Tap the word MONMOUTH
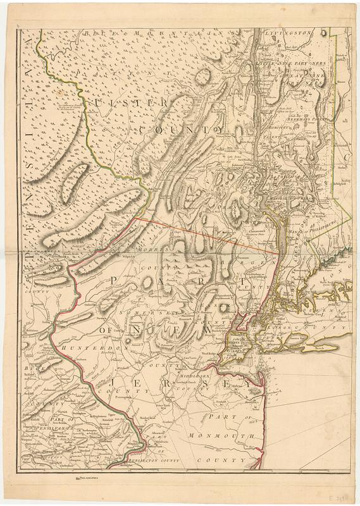228,436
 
